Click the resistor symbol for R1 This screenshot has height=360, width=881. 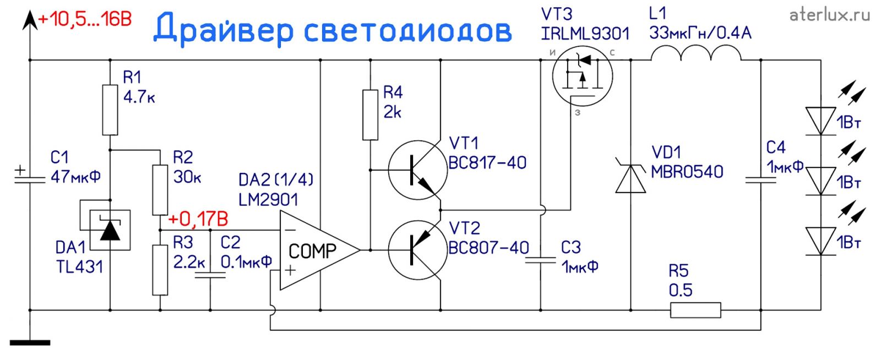click(x=110, y=110)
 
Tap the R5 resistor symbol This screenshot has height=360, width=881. click(x=695, y=310)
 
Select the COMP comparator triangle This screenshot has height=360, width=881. click(x=317, y=250)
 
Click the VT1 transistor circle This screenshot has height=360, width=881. click(x=417, y=170)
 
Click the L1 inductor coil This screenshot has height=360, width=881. click(x=696, y=53)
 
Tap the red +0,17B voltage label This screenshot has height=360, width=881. click(x=198, y=219)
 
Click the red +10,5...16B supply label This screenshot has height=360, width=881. click(x=85, y=20)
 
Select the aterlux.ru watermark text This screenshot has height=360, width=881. click(x=829, y=15)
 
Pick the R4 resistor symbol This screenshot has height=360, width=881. click(x=370, y=115)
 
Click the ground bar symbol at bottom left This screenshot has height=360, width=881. click(x=30, y=343)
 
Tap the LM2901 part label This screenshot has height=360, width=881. click(x=268, y=199)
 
